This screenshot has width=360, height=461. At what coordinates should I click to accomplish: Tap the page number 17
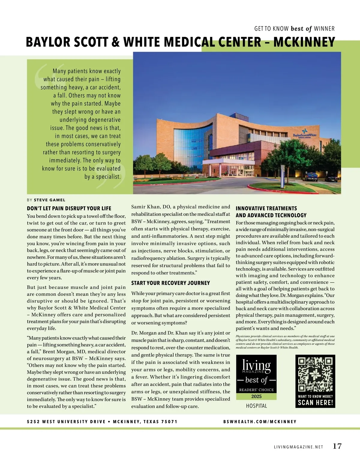(x=337, y=446)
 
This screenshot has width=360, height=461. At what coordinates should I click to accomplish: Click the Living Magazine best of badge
(x=256, y=377)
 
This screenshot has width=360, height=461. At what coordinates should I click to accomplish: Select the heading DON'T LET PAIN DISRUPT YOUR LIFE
(x=69, y=208)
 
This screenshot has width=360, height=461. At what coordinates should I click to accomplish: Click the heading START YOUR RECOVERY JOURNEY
(x=170, y=283)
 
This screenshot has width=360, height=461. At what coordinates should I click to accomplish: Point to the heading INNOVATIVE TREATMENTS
(x=266, y=208)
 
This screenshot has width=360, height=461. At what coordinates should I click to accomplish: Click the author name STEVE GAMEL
(x=49, y=200)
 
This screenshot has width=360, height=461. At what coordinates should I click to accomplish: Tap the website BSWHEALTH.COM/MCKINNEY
(x=260, y=421)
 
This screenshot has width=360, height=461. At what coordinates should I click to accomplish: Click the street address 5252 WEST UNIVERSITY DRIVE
(x=66, y=421)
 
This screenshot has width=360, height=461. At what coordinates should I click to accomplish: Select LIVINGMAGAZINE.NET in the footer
(x=298, y=447)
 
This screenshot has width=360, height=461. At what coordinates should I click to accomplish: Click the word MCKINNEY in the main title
(x=304, y=42)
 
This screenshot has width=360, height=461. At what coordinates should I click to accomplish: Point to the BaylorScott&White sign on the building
(x=304, y=135)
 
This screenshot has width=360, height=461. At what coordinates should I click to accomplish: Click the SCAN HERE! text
(x=315, y=403)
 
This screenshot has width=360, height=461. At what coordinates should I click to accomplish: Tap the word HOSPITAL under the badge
(x=256, y=406)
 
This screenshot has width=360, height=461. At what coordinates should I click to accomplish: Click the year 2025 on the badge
(x=256, y=396)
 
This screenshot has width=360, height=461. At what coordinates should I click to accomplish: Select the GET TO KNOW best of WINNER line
(x=294, y=29)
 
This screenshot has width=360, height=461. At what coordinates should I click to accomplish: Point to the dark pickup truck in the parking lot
(x=311, y=177)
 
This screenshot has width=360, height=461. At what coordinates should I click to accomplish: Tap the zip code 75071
(x=169, y=421)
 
